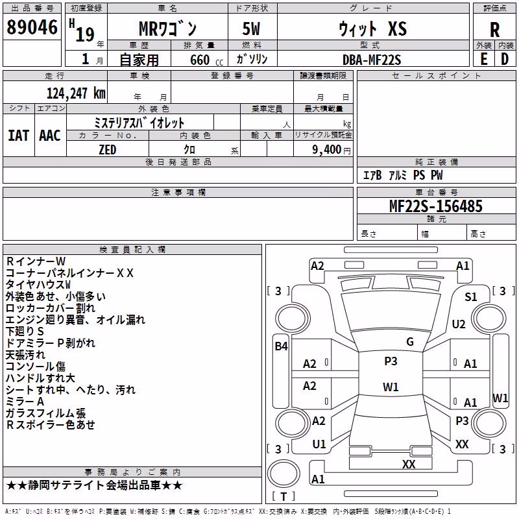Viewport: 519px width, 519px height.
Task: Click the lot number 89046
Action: point(32,27)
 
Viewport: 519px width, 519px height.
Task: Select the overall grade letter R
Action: point(494,30)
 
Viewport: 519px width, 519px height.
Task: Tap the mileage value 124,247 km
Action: point(76,93)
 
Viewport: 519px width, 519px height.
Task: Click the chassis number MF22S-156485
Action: point(435,206)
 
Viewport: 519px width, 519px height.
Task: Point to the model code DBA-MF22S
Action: point(372,60)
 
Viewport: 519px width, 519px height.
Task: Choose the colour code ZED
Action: point(108,150)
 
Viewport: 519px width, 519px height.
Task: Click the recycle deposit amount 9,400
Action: point(327,150)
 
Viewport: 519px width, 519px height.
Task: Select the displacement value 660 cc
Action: point(206,60)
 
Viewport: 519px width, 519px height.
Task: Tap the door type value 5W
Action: point(251,29)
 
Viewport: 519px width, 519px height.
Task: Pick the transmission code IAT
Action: point(18,136)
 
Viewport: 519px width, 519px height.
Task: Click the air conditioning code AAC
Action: point(50,136)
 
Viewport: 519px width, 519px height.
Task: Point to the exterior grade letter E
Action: point(483,59)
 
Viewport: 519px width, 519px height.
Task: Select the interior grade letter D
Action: point(505,59)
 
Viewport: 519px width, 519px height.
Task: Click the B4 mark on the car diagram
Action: point(282,346)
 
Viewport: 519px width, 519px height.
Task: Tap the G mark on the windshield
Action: point(410,342)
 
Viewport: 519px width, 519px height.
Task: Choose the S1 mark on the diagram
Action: point(471,297)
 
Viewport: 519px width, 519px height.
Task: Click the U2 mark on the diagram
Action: point(459,324)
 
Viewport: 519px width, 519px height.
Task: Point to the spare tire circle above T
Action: point(284,474)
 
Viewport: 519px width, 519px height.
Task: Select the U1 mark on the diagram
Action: point(319,444)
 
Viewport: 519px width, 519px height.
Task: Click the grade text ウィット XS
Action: point(372,29)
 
